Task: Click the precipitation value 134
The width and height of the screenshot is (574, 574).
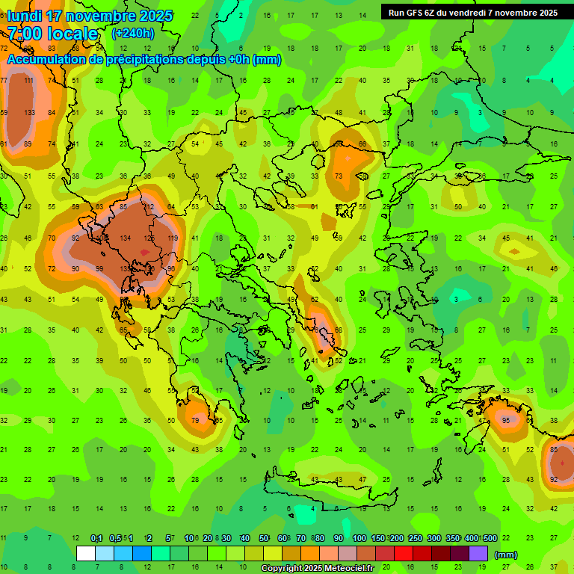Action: pyautogui.click(x=126, y=238)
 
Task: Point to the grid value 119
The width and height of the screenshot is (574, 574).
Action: pyautogui.click(x=173, y=238)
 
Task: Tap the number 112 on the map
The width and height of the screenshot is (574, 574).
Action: pyautogui.click(x=149, y=207)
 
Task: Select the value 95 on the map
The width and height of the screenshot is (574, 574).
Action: pyautogui.click(x=506, y=420)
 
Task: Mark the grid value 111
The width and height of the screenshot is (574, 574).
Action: pyautogui.click(x=29, y=81)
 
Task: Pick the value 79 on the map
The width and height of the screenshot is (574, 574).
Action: pyautogui.click(x=196, y=420)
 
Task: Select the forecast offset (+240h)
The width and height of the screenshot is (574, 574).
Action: pyautogui.click(x=133, y=34)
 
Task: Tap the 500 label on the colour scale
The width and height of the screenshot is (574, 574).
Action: pyautogui.click(x=490, y=538)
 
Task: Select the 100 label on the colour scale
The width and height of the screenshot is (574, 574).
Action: pyautogui.click(x=359, y=538)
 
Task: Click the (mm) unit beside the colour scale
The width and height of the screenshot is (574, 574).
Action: pyautogui.click(x=506, y=555)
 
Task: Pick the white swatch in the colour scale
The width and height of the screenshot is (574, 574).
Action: pyautogui.click(x=86, y=554)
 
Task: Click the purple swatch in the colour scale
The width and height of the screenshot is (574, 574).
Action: pyautogui.click(x=478, y=554)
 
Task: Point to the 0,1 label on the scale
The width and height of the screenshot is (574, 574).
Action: pyautogui.click(x=96, y=538)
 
